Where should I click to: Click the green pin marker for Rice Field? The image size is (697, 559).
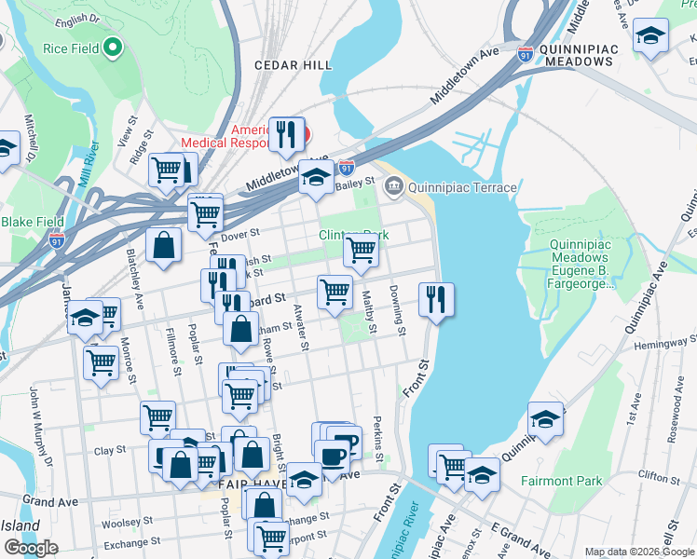tap(114, 47)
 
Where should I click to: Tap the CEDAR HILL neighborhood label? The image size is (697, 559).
tap(293, 64)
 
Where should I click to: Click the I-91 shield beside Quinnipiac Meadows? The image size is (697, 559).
tap(526, 55)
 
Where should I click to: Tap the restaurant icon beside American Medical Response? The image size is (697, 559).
tap(287, 134)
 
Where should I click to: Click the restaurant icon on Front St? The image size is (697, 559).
tap(435, 300)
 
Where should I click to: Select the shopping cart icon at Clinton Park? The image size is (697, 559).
tap(361, 249)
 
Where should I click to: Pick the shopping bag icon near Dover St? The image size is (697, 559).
tap(164, 247)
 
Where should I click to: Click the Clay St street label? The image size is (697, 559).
tap(110, 450)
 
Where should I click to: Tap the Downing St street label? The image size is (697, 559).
tap(398, 310)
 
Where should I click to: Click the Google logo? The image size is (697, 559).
tap(31, 547)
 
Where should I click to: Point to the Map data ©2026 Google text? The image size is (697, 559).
tap(638, 552)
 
